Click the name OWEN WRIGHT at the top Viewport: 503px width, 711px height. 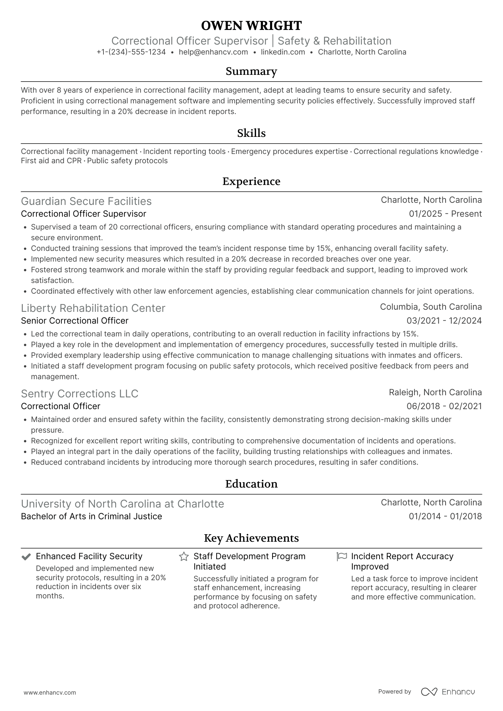tap(251, 26)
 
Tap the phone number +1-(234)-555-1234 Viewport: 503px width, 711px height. tap(131, 52)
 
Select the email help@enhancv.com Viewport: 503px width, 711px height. tap(213, 52)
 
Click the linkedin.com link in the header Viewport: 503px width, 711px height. tap(283, 52)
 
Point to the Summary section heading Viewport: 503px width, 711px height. tap(251, 71)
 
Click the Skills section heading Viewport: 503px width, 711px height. tap(251, 133)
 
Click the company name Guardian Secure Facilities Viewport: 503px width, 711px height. tap(86, 201)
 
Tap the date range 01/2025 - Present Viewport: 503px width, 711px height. tap(445, 214)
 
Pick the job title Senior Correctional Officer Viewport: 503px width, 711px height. tap(74, 321)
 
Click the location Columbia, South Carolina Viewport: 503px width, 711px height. tap(431, 307)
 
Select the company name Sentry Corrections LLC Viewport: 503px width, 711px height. tap(79, 394)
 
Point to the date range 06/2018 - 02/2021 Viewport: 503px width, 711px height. tap(444, 406)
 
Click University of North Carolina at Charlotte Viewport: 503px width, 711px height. tap(122, 504)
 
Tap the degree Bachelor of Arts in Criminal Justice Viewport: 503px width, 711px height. tap(91, 516)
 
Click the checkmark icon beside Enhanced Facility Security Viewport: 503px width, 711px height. tap(26, 557)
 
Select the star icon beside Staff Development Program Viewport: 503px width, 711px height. tap(184, 557)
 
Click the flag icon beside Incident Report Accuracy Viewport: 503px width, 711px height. tap(341, 557)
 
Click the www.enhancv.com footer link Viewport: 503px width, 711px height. tap(50, 693)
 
